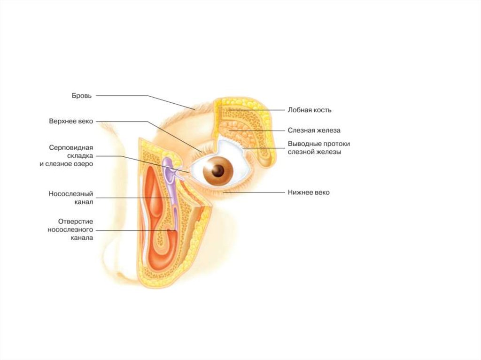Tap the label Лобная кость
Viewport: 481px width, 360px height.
(310, 110)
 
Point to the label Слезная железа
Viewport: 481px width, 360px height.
(314, 130)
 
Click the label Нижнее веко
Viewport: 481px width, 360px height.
(309, 192)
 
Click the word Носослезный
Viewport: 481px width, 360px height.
(71, 193)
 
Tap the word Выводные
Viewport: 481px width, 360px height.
(303, 144)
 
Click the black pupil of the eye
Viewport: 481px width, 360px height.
(218, 171)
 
